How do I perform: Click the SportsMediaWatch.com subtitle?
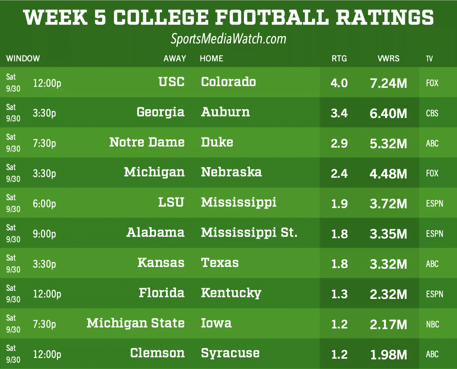click(x=228, y=39)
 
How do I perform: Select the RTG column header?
click(x=339, y=59)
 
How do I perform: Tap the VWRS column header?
click(x=388, y=59)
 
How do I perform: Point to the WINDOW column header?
click(x=23, y=59)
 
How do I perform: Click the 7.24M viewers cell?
click(x=388, y=83)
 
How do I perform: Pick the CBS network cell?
click(x=432, y=113)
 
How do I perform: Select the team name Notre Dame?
click(x=147, y=142)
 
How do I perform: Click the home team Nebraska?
click(x=231, y=172)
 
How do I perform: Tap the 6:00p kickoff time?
click(x=44, y=204)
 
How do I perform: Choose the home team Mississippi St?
click(x=249, y=233)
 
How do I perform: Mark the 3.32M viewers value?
click(x=388, y=264)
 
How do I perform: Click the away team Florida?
click(x=161, y=293)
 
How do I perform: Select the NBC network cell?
click(x=432, y=324)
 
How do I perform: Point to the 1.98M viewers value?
click(x=388, y=355)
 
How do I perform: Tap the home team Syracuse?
click(x=230, y=353)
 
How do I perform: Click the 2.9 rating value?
click(x=339, y=143)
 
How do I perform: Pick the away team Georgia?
click(x=160, y=112)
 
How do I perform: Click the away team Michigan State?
click(x=135, y=323)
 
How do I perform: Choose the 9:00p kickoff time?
click(x=44, y=234)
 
